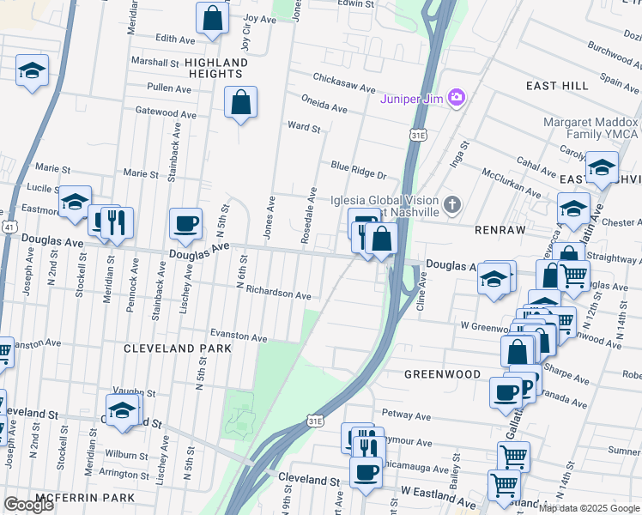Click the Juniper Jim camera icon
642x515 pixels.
[457, 97]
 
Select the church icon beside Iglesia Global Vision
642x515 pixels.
[452, 205]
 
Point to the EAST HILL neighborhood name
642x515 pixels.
[557, 86]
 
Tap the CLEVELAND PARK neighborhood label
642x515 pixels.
[178, 348]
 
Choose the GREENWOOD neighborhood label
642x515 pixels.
[442, 374]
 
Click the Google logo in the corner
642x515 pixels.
[28, 505]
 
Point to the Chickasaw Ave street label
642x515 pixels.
[344, 88]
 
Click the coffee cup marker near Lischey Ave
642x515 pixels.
[185, 225]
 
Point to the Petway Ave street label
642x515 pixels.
[405, 416]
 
